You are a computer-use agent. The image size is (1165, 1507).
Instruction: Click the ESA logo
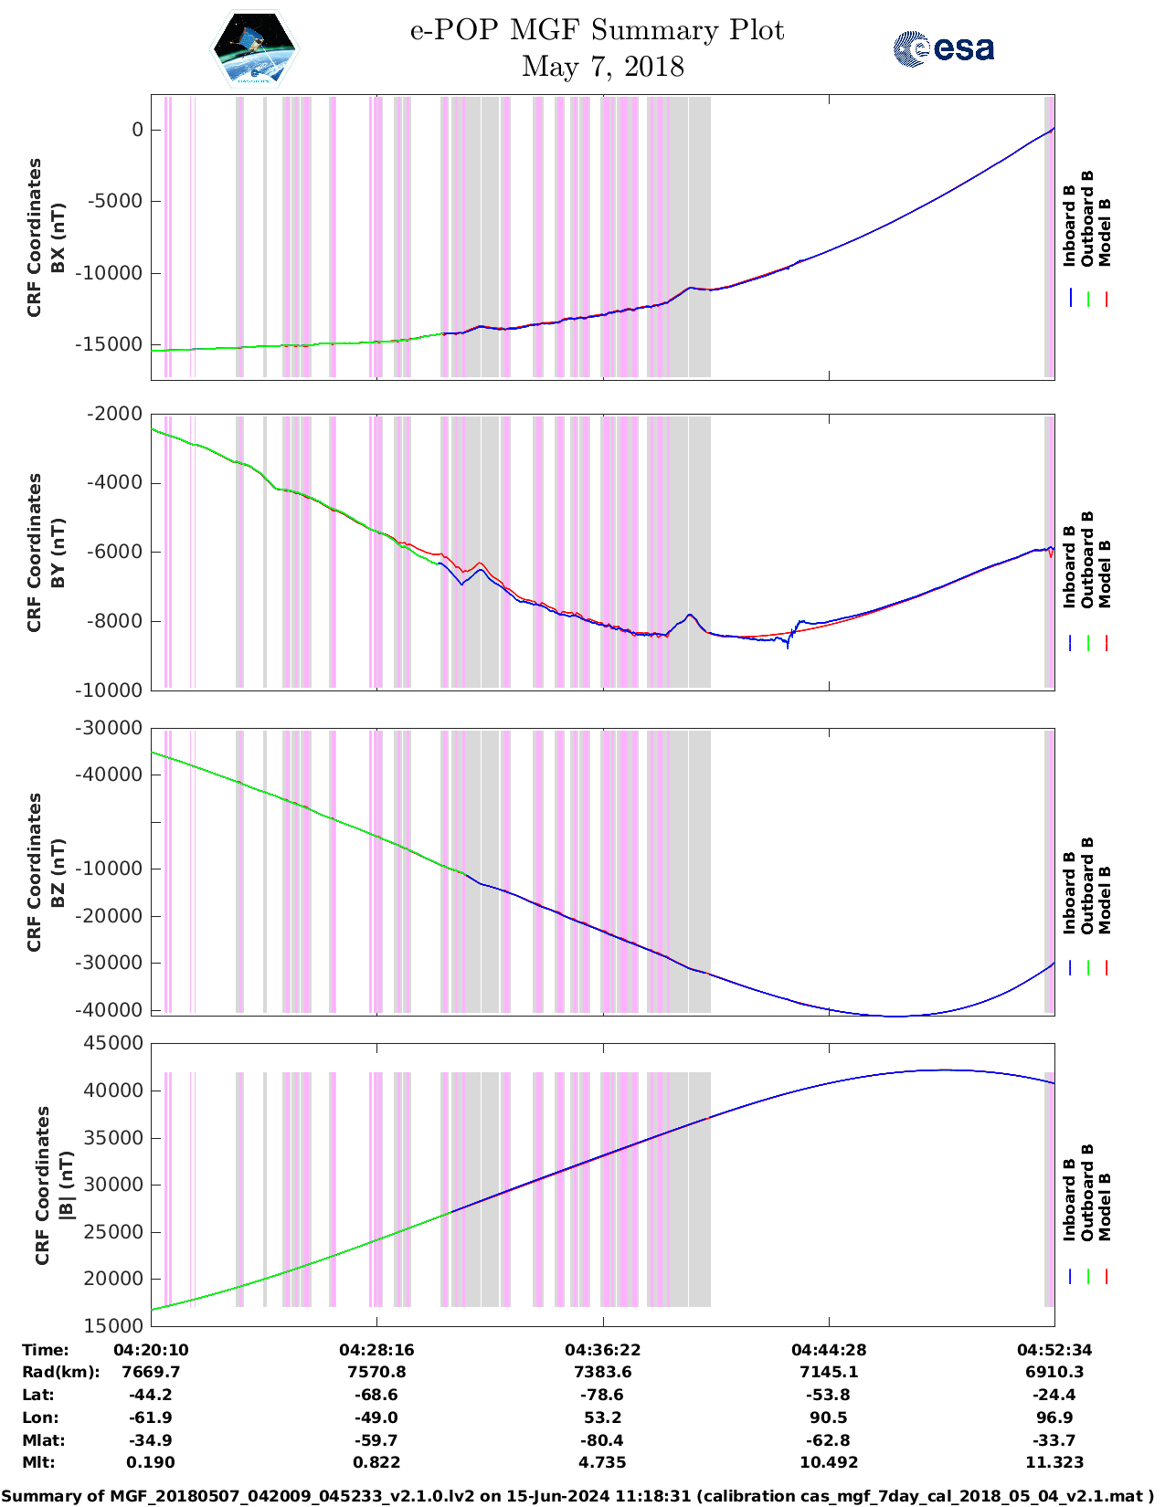click(944, 48)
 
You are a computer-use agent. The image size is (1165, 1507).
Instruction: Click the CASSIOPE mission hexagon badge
click(254, 49)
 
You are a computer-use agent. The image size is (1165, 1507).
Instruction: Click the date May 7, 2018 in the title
click(602, 67)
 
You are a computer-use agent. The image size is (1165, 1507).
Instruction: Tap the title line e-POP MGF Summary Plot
click(597, 30)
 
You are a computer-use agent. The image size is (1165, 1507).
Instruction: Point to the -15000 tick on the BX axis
click(115, 344)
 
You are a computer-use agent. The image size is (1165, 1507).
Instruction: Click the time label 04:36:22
click(602, 1350)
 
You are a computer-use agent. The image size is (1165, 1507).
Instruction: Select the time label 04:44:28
click(829, 1350)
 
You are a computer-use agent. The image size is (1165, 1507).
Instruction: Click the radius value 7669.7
click(151, 1372)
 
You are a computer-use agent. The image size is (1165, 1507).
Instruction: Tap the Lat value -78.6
click(602, 1395)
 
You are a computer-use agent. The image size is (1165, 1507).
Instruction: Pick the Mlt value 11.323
click(1054, 1462)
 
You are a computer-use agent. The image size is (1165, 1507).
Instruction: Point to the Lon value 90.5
click(829, 1417)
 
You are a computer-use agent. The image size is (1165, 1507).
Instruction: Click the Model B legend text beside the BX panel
click(1105, 232)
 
